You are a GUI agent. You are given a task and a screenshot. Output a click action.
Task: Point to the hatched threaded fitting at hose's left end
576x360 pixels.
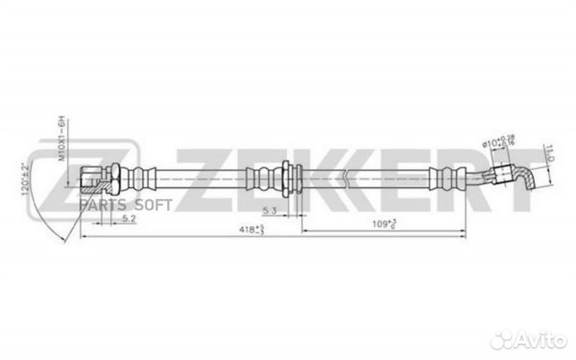tap(92, 177)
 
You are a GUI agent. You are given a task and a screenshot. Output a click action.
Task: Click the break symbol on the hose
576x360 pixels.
tap(344, 176)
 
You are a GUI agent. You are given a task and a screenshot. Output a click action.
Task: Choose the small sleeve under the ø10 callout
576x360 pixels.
tap(503, 170)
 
